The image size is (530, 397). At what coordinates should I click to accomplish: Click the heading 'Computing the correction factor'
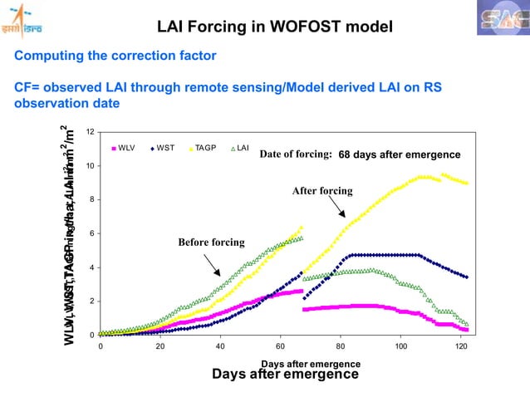click(x=113, y=56)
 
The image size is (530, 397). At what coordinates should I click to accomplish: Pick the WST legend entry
click(x=167, y=149)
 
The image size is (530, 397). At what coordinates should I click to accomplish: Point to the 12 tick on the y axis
click(x=90, y=132)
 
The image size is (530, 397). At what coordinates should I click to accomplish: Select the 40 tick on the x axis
click(x=221, y=346)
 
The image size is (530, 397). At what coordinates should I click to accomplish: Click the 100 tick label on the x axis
click(x=401, y=346)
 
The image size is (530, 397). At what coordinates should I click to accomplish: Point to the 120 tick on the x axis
click(x=461, y=346)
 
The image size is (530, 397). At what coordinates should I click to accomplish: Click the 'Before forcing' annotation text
click(x=211, y=243)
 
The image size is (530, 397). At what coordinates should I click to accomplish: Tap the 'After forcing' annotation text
click(x=322, y=191)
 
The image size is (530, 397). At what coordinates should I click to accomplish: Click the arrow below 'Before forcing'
click(x=211, y=263)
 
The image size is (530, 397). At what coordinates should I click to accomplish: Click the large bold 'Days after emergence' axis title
click(x=286, y=375)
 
